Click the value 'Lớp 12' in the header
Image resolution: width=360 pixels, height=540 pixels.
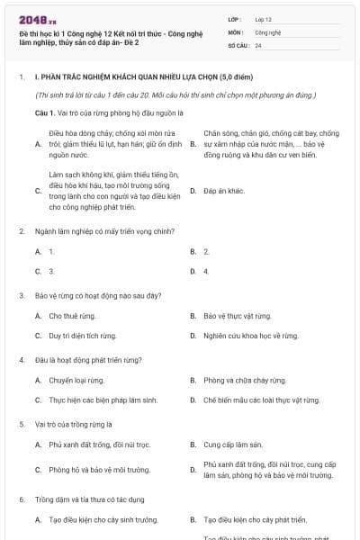(264, 19)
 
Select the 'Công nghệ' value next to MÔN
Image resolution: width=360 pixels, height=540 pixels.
(267, 31)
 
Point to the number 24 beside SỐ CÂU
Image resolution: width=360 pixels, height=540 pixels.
(258, 45)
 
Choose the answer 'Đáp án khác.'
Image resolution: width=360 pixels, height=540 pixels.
(224, 191)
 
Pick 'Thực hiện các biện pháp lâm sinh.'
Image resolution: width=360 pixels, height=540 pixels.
(103, 400)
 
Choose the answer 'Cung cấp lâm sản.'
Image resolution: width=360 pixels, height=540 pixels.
(232, 444)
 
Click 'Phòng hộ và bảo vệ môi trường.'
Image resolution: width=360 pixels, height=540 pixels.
(99, 469)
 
